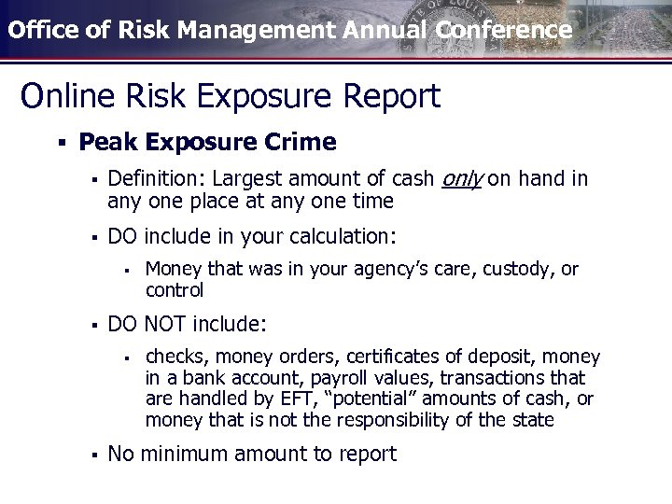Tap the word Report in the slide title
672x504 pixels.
click(x=391, y=95)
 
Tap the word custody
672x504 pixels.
click(x=519, y=270)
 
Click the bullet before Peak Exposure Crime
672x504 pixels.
click(x=60, y=143)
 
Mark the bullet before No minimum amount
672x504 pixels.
click(x=93, y=455)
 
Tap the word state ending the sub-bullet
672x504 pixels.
click(x=533, y=420)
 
